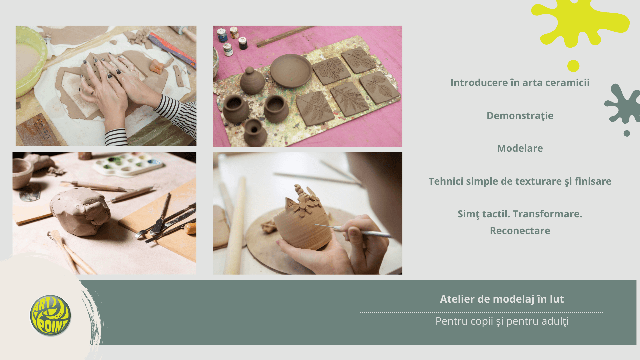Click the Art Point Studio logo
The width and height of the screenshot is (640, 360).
[x=50, y=315]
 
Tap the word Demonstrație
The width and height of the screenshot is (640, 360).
[x=520, y=116]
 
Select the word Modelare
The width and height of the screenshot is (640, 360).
[x=520, y=148]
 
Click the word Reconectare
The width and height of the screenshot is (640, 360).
[x=520, y=230]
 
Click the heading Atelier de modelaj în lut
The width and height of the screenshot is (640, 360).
[x=502, y=299]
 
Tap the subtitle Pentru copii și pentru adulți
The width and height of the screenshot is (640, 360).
[x=502, y=321]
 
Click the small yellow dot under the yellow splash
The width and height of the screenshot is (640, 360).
[x=573, y=66]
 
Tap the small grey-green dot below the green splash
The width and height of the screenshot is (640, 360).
[x=627, y=133]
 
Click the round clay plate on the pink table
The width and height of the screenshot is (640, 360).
[x=291, y=71]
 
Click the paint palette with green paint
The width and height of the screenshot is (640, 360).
[x=128, y=164]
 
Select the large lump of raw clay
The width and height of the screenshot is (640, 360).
[x=80, y=211]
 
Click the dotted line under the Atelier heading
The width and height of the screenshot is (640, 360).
[x=482, y=313]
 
